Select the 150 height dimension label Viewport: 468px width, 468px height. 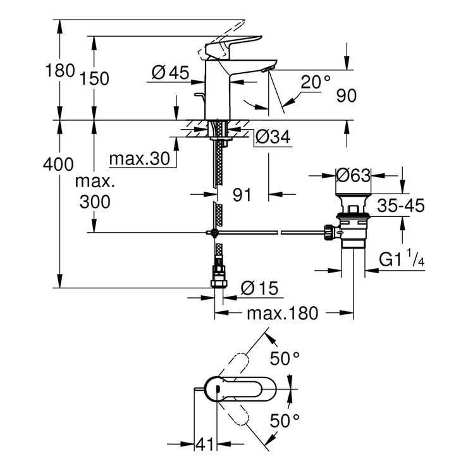click(95, 78)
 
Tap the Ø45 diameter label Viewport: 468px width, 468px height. click(170, 73)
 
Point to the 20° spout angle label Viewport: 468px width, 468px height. click(316, 82)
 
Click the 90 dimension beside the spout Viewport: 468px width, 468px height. click(346, 95)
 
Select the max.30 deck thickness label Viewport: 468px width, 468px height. click(140, 159)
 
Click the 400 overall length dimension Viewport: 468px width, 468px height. click(58, 165)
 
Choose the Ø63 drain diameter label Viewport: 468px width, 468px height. click(352, 175)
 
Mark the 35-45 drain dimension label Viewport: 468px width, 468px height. click(401, 206)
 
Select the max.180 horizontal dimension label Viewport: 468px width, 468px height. click(281, 314)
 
